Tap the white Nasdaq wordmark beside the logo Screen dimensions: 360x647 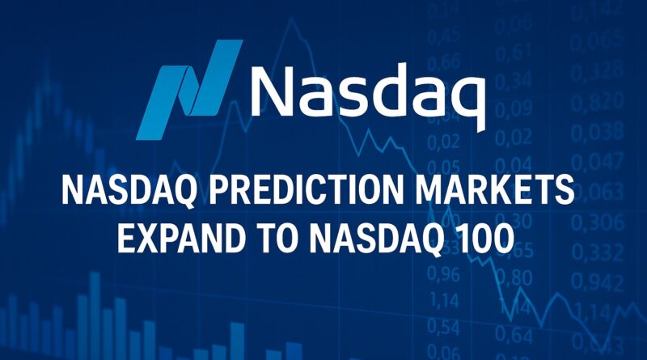click(368, 90)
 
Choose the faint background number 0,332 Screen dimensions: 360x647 click(599, 251)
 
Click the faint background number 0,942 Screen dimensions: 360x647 click(599, 281)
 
